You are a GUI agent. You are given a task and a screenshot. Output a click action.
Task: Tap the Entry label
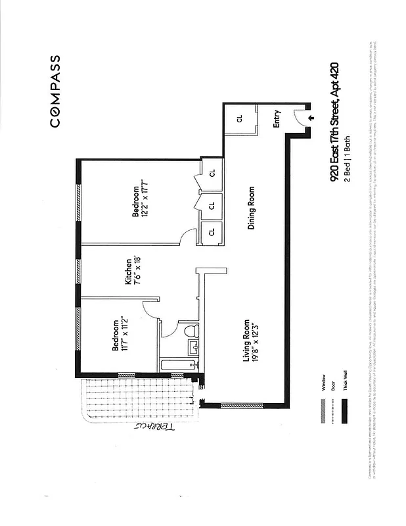[277, 118]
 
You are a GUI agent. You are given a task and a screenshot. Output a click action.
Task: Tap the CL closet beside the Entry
[239, 119]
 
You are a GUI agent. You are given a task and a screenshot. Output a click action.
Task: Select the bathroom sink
[193, 347]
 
